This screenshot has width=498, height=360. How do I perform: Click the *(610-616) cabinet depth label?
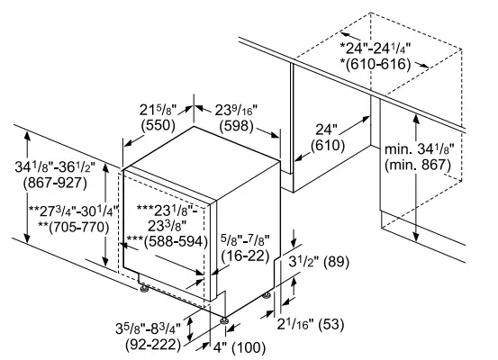[x=375, y=64]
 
